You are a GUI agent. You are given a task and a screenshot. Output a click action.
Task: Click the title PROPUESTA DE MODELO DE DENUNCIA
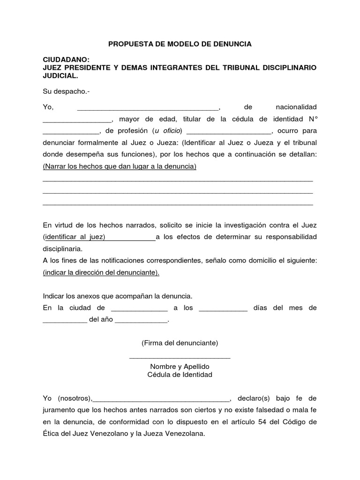(180, 44)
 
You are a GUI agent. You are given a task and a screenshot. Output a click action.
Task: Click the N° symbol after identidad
(312, 119)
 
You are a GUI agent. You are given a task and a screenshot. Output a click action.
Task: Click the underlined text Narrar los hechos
(120, 166)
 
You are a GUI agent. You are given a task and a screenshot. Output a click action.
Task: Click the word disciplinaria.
(62, 248)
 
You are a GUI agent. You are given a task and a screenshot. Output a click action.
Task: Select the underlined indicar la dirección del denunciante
(101, 272)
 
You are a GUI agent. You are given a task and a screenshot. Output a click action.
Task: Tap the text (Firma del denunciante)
(180, 343)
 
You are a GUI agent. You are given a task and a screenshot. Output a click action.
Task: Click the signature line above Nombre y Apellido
(180, 358)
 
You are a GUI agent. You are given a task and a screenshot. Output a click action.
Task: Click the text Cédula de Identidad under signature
(180, 375)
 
